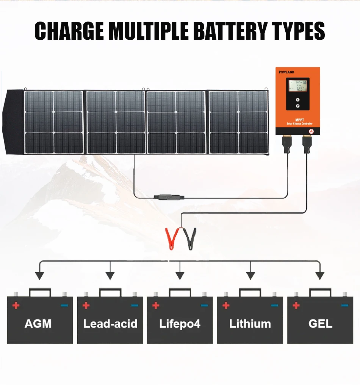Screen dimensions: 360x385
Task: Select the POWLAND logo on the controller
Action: [x=286, y=72]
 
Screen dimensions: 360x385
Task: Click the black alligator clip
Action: [x=190, y=239]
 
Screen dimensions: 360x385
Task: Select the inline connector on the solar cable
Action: [x=168, y=197]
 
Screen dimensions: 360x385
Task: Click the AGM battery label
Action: [x=38, y=324]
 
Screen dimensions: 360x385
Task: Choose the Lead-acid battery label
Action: [x=110, y=324]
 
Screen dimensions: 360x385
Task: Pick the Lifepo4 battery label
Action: [x=180, y=324]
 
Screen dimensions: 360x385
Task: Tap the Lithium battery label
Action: [x=250, y=324]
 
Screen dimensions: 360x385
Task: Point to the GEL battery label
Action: [x=320, y=324]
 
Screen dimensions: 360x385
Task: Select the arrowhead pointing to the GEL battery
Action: [x=320, y=276]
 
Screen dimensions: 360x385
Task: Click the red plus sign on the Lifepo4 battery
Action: [x=155, y=305]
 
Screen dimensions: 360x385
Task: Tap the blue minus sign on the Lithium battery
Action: [x=274, y=305]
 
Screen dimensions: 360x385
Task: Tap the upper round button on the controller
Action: [x=297, y=99]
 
